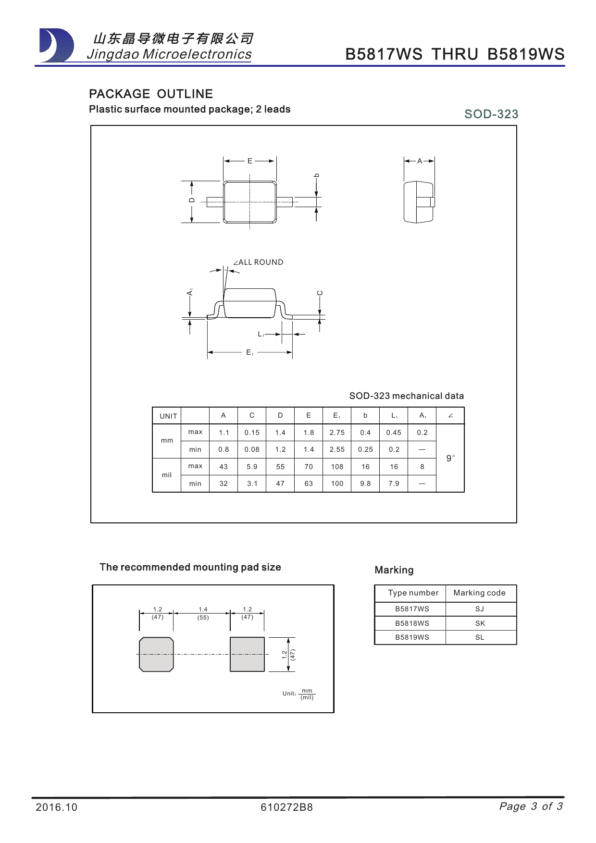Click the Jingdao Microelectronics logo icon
pyautogui.click(x=57, y=46)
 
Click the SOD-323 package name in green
pyautogui.click(x=491, y=114)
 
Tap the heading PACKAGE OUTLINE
pyautogui.click(x=151, y=94)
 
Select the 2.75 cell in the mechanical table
pyautogui.click(x=337, y=433)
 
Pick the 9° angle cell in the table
pyautogui.click(x=450, y=458)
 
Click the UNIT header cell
pyautogui.click(x=168, y=416)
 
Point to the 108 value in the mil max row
pyautogui.click(x=337, y=467)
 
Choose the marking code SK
pyautogui.click(x=480, y=623)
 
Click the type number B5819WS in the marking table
pyautogui.click(x=412, y=637)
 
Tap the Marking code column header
pyautogui.click(x=479, y=593)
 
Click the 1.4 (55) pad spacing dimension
pyautogui.click(x=203, y=613)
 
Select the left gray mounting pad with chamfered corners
pyautogui.click(x=156, y=654)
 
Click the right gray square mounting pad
pyautogui.click(x=247, y=654)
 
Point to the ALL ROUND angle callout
pyautogui.click(x=258, y=262)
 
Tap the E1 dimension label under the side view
pyautogui.click(x=249, y=353)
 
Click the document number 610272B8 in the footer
pyautogui.click(x=286, y=807)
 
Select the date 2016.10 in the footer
pyautogui.click(x=56, y=807)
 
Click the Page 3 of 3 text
pyautogui.click(x=531, y=806)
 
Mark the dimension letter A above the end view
pyautogui.click(x=420, y=161)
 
